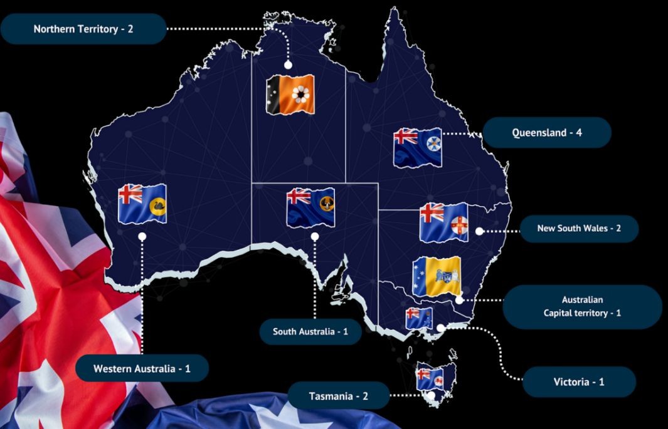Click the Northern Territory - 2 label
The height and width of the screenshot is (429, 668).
pyautogui.click(x=83, y=29)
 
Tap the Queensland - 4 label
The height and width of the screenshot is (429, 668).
pyautogui.click(x=547, y=133)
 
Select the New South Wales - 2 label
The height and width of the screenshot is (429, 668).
pyautogui.click(x=578, y=229)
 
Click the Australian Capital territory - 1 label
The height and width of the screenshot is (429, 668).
pyautogui.click(x=582, y=306)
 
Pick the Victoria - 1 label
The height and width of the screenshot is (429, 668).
pyautogui.click(x=578, y=381)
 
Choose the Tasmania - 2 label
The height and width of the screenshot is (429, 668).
pyautogui.click(x=338, y=396)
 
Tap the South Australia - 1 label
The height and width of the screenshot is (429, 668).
pyautogui.click(x=310, y=331)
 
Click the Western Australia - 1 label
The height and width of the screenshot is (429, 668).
pyautogui.click(x=141, y=368)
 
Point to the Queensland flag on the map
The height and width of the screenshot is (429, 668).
pyautogui.click(x=417, y=147)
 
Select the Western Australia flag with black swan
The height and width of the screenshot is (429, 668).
pyautogui.click(x=142, y=204)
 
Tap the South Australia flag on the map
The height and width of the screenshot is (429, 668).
pyautogui.click(x=310, y=207)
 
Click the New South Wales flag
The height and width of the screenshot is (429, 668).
pyautogui.click(x=443, y=222)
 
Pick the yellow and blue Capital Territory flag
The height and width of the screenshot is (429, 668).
pyautogui.click(x=437, y=276)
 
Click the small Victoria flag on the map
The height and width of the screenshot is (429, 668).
pyautogui.click(x=418, y=318)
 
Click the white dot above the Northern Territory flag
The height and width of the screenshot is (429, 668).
pyautogui.click(x=289, y=65)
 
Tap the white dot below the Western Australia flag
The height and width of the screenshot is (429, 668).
pyautogui.click(x=142, y=237)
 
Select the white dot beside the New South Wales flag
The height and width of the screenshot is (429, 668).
pyautogui.click(x=479, y=231)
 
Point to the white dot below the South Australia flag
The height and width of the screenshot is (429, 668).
pyautogui.click(x=314, y=236)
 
